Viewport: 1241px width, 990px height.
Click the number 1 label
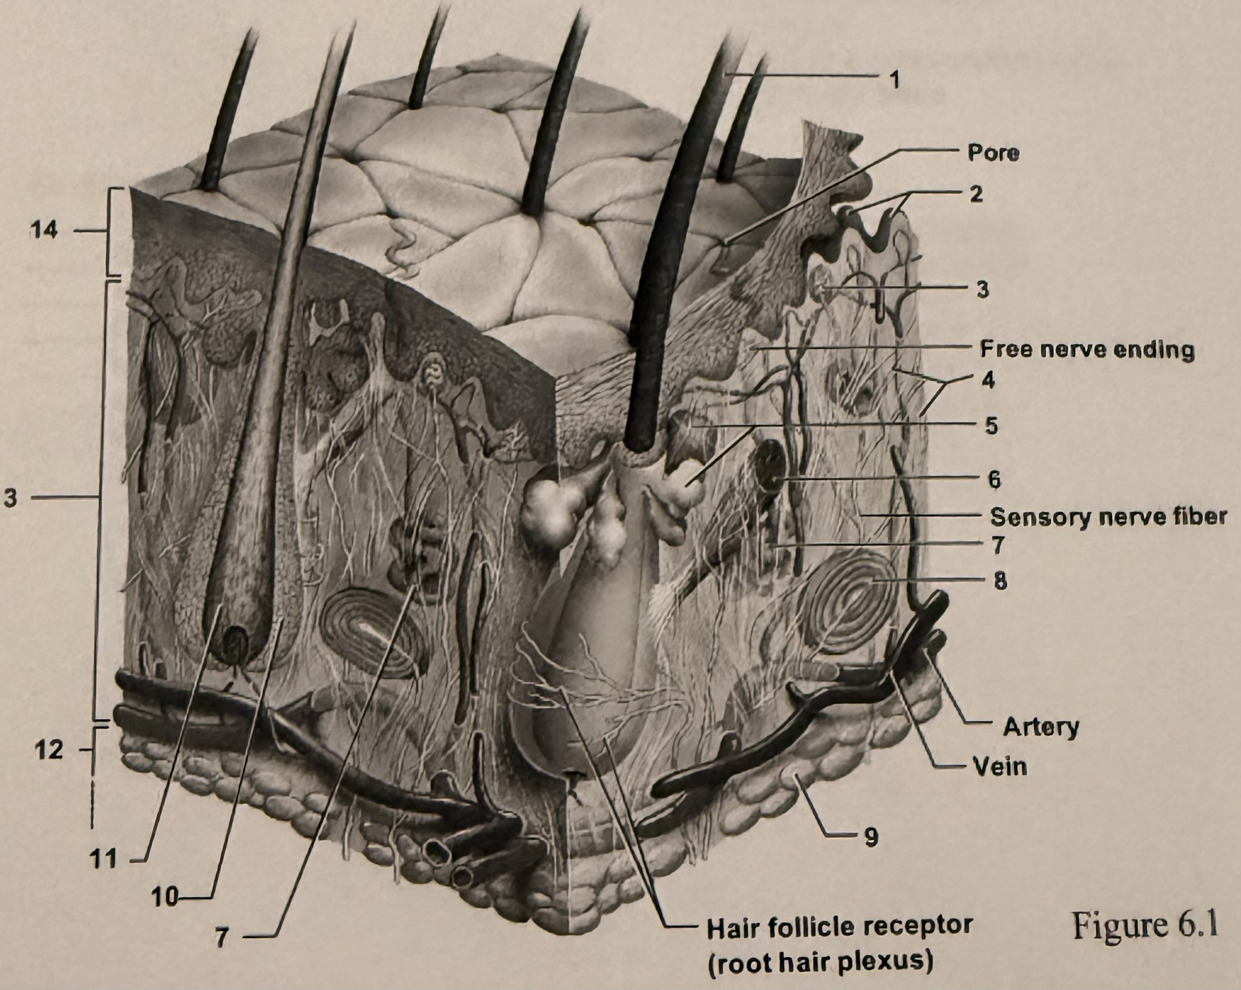pos(895,80)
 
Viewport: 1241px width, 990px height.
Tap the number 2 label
pos(977,195)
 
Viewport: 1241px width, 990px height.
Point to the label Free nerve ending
pos(1087,349)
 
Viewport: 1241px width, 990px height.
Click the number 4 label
pos(988,380)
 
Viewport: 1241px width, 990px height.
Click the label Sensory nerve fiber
pos(1108,517)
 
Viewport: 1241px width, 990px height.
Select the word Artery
pos(1041,727)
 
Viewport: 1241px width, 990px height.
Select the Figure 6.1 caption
pos(1145,926)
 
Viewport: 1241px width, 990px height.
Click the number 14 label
pos(44,230)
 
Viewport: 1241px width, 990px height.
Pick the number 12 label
pos(48,750)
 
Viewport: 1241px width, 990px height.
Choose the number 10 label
pos(165,896)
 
